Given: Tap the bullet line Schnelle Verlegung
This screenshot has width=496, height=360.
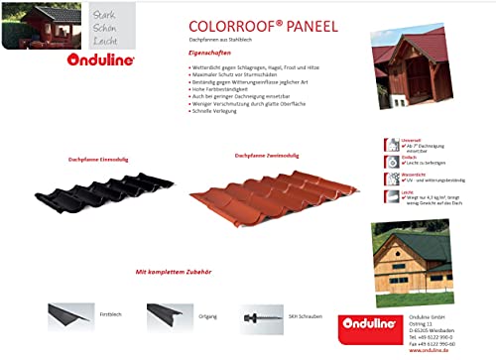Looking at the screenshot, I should pos(220,112).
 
